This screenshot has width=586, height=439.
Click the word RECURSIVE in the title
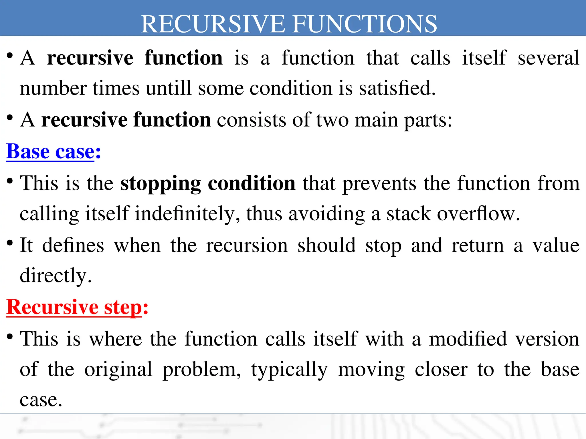point(213,24)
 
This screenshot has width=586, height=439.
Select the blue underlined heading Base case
point(50,151)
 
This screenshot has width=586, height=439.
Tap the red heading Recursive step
point(74,308)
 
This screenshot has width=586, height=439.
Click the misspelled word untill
point(169,88)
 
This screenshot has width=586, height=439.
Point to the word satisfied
point(397,88)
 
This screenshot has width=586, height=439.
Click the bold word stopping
point(161,183)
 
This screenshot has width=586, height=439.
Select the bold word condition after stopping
point(252,183)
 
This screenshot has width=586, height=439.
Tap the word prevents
point(379,183)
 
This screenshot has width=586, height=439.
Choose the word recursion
point(247,246)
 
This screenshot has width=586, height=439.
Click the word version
point(547,339)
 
